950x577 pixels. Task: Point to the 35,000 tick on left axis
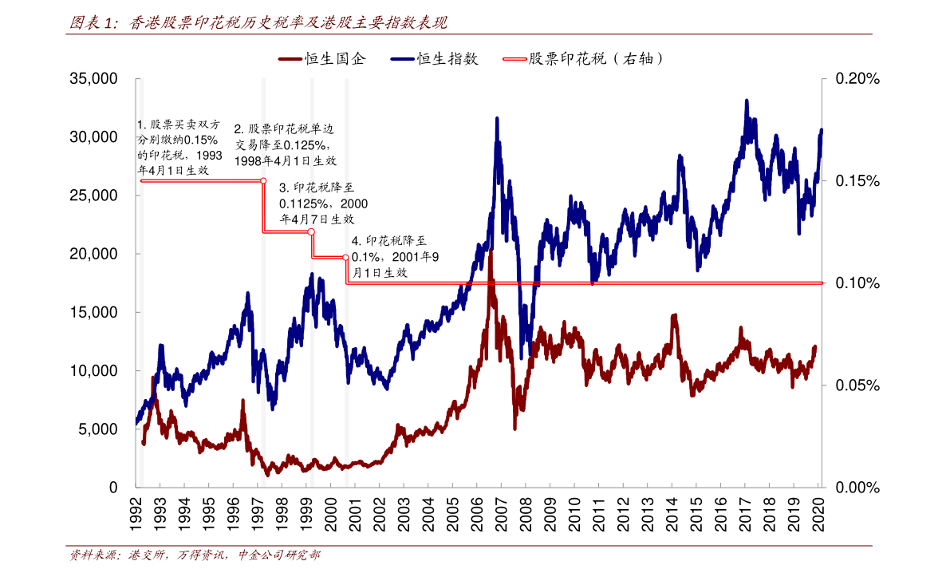click(93, 79)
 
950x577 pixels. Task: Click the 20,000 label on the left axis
click(93, 254)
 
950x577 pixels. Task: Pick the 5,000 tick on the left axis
click(100, 429)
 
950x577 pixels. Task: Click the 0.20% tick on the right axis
click(857, 79)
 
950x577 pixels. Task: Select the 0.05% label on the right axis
click(857, 385)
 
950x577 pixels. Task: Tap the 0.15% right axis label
click(857, 181)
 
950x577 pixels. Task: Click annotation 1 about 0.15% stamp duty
click(179, 148)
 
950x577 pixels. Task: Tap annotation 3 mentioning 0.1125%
click(323, 203)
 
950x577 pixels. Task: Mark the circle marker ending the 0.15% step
click(263, 180)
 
